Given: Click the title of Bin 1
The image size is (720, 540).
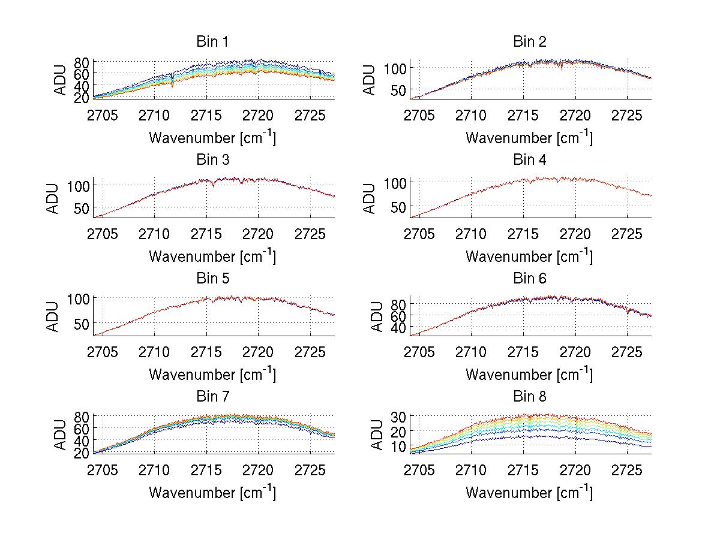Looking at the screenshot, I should [212, 42].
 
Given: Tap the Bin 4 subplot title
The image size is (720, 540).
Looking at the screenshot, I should [529, 160].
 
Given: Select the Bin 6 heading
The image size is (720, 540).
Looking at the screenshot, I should [529, 279].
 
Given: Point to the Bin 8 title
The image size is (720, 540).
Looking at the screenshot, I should [529, 397].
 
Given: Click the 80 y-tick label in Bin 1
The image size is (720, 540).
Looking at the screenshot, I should [82, 62].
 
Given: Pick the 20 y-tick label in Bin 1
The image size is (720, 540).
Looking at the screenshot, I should [82, 96].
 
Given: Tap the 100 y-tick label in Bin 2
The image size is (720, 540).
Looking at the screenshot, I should [395, 68].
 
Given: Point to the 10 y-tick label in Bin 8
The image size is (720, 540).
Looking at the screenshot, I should [400, 447].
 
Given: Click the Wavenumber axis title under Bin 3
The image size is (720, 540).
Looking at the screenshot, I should [212, 256].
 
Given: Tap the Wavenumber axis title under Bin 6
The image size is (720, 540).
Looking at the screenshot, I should [529, 374].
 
